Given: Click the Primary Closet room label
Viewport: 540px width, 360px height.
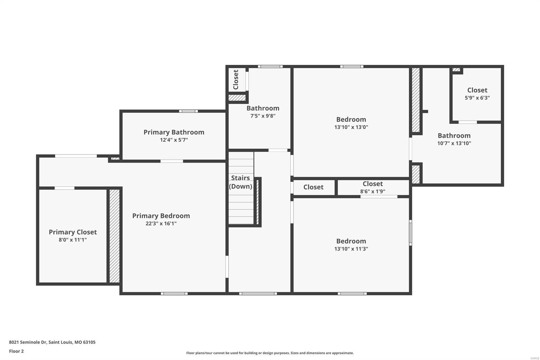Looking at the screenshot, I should pyautogui.click(x=73, y=232).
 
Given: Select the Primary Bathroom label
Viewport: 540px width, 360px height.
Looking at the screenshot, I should pyautogui.click(x=174, y=132).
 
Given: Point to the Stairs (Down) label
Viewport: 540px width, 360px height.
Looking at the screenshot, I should pyautogui.click(x=240, y=182).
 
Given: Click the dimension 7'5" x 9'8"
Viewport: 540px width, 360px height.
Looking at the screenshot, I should pyautogui.click(x=263, y=116).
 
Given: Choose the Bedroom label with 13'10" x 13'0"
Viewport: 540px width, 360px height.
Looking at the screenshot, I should pyautogui.click(x=351, y=119).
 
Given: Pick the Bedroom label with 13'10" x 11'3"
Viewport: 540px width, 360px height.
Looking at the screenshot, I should pyautogui.click(x=351, y=241).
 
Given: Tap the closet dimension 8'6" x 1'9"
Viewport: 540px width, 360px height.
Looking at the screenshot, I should pyautogui.click(x=373, y=191).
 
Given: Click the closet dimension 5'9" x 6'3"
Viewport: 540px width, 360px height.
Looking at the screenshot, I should pyautogui.click(x=477, y=98).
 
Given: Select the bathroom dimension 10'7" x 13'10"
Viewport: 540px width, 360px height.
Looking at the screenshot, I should pyautogui.click(x=454, y=143).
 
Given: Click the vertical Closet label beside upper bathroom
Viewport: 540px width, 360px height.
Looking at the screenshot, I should pyautogui.click(x=236, y=79).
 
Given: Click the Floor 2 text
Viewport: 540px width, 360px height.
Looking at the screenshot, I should pyautogui.click(x=16, y=351).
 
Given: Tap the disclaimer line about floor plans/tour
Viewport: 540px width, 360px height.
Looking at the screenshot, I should pyautogui.click(x=270, y=353).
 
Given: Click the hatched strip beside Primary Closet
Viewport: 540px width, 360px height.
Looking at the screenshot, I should pyautogui.click(x=114, y=236).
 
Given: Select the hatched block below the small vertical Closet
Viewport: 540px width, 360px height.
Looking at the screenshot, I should pyautogui.click(x=237, y=98).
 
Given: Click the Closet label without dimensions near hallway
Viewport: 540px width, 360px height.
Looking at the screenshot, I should pyautogui.click(x=313, y=187).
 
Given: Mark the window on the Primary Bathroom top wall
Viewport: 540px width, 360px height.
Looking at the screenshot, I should pyautogui.click(x=188, y=111).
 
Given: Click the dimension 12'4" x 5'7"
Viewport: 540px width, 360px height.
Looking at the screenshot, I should pyautogui.click(x=174, y=140).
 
